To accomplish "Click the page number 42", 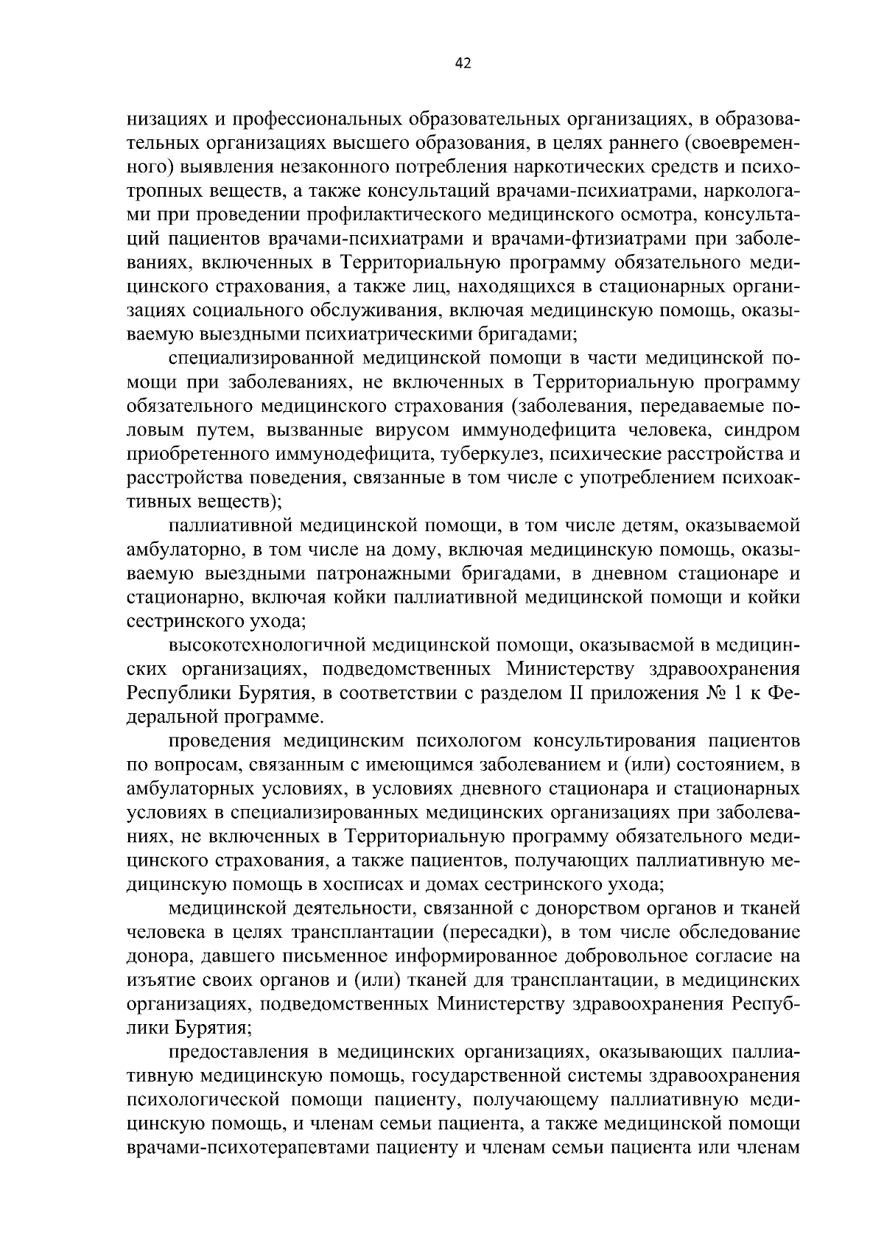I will [x=463, y=63].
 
